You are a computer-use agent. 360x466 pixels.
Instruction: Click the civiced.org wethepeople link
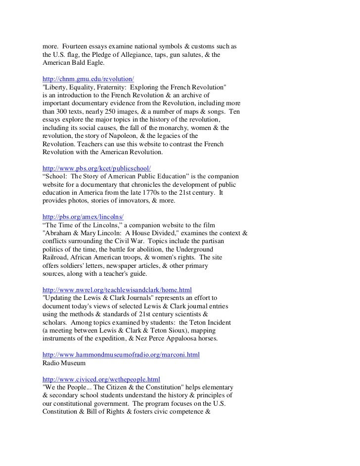101,379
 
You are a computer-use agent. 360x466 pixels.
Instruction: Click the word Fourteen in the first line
76,46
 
